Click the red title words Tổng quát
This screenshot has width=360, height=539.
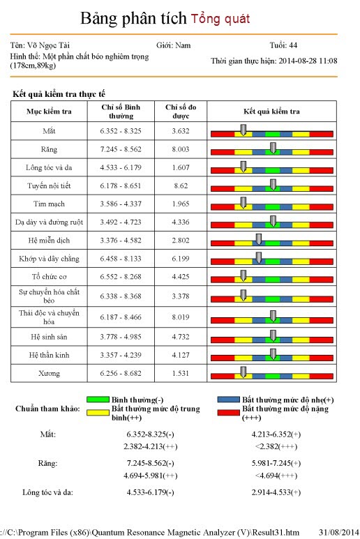pos(220,18)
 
